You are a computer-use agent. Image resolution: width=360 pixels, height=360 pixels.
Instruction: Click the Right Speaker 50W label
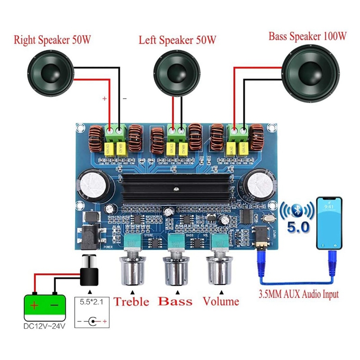pyautogui.click(x=53, y=40)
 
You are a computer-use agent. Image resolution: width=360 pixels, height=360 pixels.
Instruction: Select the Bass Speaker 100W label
pyautogui.click(x=307, y=36)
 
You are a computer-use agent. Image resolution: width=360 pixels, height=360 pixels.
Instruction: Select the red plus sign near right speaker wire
pyautogui.click(x=104, y=98)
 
